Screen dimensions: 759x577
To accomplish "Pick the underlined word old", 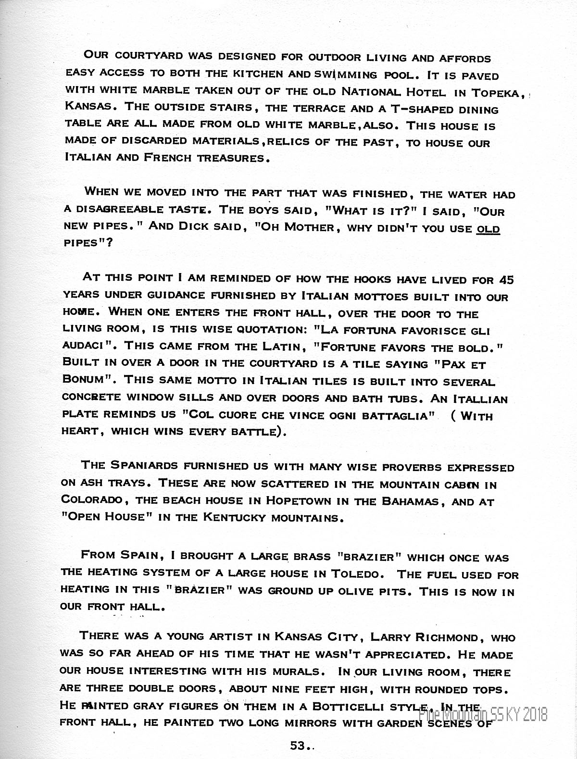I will pyautogui.click(x=488, y=229).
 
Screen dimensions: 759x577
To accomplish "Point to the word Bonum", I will pyautogui.click(x=87, y=379).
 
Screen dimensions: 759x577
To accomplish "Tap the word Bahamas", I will pyautogui.click(x=410, y=501).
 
